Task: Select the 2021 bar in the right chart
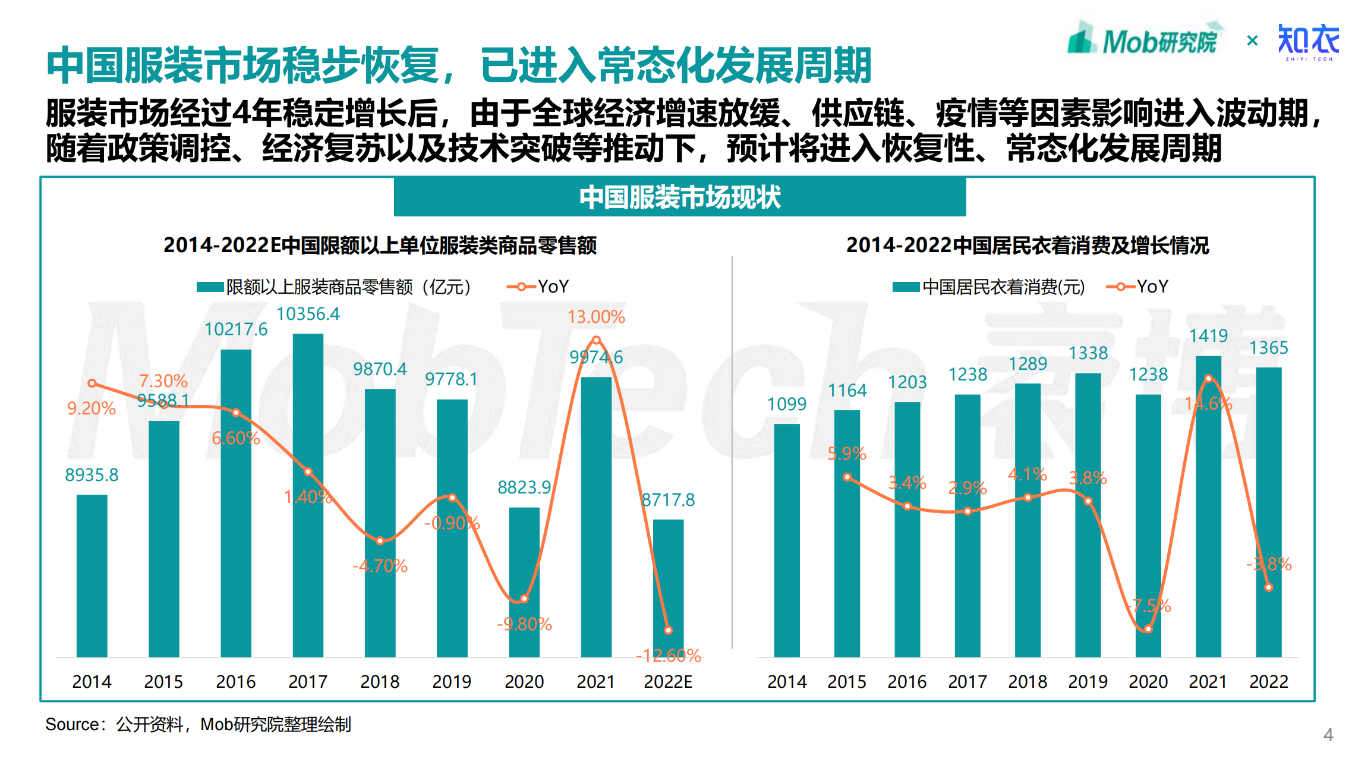tap(1208, 506)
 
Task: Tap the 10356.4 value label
tap(308, 314)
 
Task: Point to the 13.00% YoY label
tap(596, 317)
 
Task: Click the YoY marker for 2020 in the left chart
tap(524, 599)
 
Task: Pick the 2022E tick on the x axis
tap(668, 681)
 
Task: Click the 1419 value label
tap(1208, 336)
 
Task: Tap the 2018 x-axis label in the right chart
tap(1028, 681)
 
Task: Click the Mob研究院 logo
tap(1144, 40)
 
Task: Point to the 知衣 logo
tap(1309, 42)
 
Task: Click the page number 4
tap(1328, 735)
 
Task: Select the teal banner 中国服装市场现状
tap(680, 197)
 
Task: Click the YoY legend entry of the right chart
tap(1137, 287)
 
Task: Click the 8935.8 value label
tap(92, 475)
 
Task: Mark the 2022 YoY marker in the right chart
tap(1269, 587)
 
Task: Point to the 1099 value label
tap(787, 404)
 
